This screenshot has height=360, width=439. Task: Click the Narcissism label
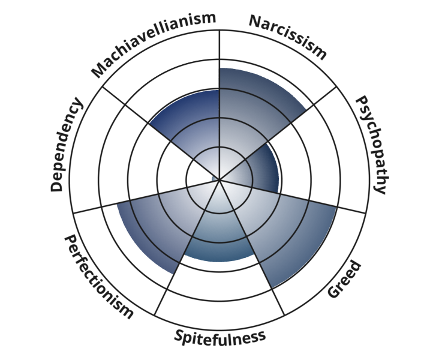[288, 37]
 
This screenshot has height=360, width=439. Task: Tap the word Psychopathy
[370, 144]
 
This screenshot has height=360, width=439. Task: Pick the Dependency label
[66, 145]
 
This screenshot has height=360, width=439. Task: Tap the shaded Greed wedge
[282, 234]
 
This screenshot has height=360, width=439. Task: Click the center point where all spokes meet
[220, 179]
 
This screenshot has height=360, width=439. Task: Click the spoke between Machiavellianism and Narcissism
[220, 60]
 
